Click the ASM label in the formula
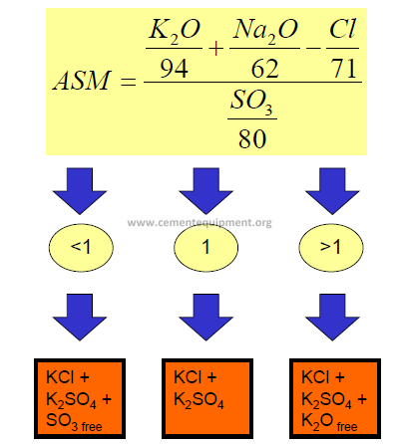(x=82, y=81)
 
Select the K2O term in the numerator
(x=175, y=31)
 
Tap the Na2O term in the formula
(x=264, y=31)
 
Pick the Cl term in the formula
(x=342, y=29)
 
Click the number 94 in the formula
(x=174, y=69)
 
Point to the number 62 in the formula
(x=264, y=69)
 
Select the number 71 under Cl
(x=344, y=69)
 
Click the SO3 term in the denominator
(x=251, y=102)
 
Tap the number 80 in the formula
(x=252, y=138)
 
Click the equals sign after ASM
(x=128, y=82)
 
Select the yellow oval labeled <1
(x=81, y=247)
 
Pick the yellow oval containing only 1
(x=206, y=247)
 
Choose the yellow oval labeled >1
(x=331, y=247)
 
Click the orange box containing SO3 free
(x=80, y=398)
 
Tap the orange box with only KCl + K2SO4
(x=207, y=398)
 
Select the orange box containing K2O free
(x=335, y=398)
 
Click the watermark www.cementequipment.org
(x=200, y=223)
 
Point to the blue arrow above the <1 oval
(x=80, y=191)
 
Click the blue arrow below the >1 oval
(x=332, y=317)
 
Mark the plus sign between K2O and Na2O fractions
(x=216, y=49)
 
